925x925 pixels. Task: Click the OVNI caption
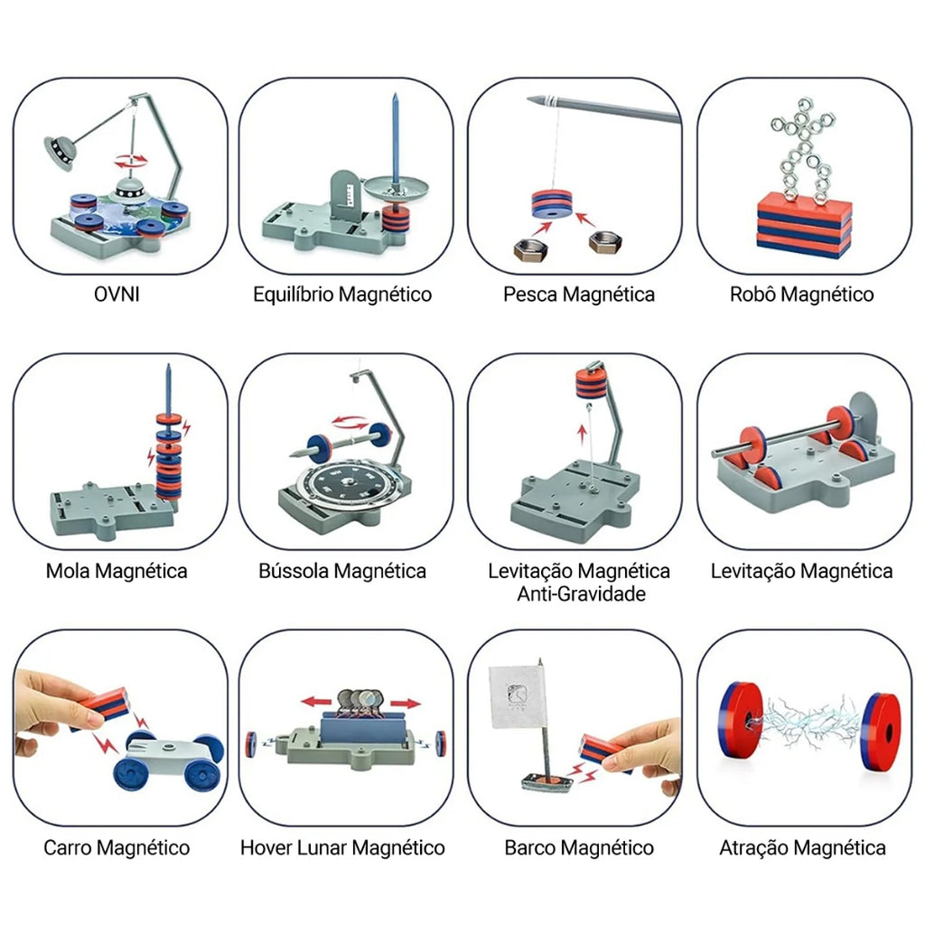tap(117, 294)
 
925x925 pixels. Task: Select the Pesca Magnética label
tap(579, 294)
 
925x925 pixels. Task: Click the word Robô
tap(752, 294)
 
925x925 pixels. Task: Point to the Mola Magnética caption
tap(117, 571)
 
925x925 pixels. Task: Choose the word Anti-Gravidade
tap(581, 593)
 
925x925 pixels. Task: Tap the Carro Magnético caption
tap(117, 847)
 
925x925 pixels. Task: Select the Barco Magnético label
tap(579, 847)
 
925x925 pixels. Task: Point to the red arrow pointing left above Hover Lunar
tap(316, 702)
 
